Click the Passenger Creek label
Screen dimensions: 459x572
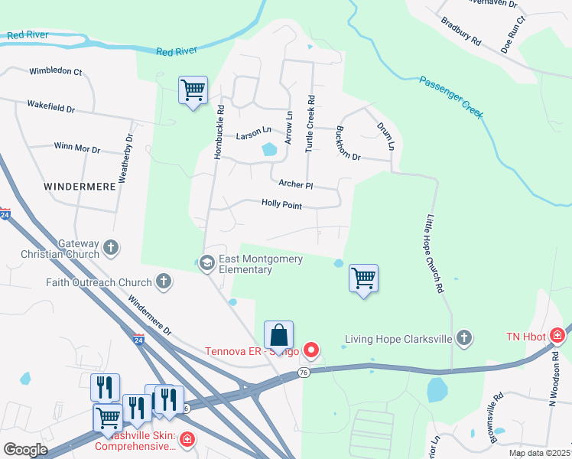point(450,96)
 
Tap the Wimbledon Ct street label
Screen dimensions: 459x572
point(55,71)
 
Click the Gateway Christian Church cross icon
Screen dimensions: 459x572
point(112,247)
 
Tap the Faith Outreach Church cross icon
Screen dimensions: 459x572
point(163,282)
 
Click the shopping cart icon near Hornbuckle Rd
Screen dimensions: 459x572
point(193,90)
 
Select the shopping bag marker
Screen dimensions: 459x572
point(278,335)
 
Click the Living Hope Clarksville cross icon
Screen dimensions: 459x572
point(463,338)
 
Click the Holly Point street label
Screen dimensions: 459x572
point(281,205)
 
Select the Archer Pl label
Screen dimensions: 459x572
point(296,184)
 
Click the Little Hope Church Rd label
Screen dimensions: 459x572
point(434,254)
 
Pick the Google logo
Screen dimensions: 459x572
point(25,449)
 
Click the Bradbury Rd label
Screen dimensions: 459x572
point(460,29)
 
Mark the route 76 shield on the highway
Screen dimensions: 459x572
point(303,373)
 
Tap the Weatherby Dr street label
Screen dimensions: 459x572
point(125,158)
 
